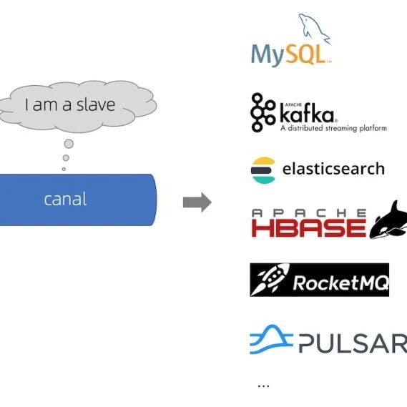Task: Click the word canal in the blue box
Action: point(65,200)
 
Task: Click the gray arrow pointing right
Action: point(197,202)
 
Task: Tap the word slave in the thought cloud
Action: point(96,104)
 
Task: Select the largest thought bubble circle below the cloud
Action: point(69,144)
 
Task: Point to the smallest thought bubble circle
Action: point(64,169)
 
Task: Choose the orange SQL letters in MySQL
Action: point(308,54)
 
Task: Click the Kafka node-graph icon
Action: point(263,112)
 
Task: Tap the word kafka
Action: point(307,114)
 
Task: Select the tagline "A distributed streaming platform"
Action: point(333,128)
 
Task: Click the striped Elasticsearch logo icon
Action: point(263,170)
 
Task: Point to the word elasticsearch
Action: point(333,169)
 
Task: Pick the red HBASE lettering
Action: point(308,227)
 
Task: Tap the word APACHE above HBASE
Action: point(309,213)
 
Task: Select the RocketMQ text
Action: point(340,283)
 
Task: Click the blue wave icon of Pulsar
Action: point(271,339)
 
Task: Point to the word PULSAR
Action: point(353,343)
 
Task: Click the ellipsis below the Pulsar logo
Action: point(263,386)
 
